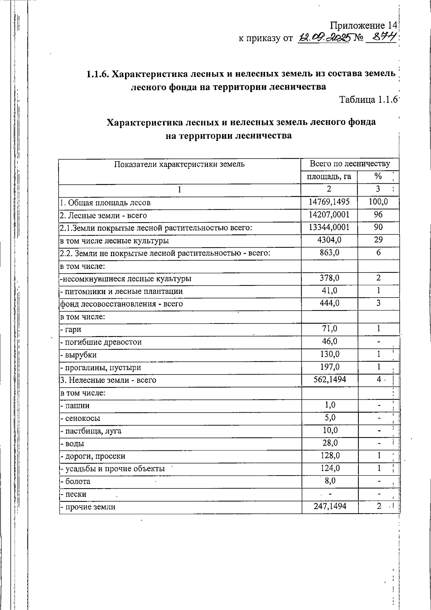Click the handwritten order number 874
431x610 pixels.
(381, 37)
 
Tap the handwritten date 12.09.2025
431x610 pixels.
(323, 38)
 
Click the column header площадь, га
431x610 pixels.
(329, 176)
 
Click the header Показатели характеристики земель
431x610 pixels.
(179, 164)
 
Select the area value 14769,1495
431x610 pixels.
(329, 202)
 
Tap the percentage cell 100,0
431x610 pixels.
(378, 202)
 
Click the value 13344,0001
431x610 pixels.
(329, 228)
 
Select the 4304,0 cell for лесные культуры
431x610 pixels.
(329, 240)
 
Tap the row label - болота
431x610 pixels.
(75, 481)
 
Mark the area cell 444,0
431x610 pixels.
(329, 303)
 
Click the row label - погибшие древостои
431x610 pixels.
(101, 342)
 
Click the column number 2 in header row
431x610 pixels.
(329, 189)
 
